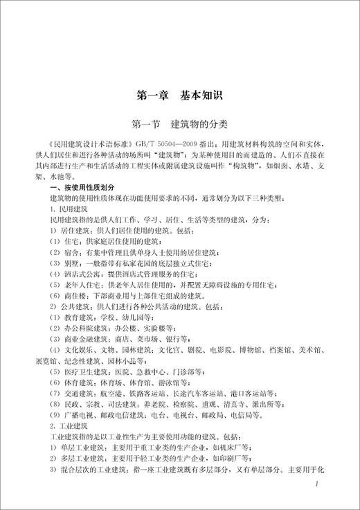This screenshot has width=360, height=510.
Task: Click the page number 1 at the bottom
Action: click(316, 484)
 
